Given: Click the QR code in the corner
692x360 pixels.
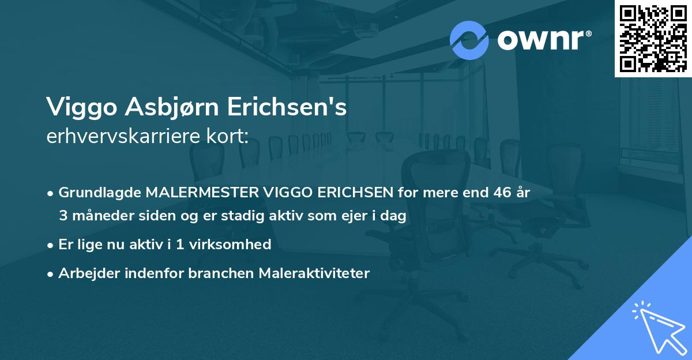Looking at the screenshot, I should pos(653,38).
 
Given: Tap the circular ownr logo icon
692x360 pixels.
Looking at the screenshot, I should pos(469,40).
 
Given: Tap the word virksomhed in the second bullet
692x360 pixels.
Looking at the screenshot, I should pos(236,245).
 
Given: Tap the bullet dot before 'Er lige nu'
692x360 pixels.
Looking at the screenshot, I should pos(51,245).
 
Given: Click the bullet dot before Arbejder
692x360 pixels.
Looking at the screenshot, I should pos(51,274).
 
